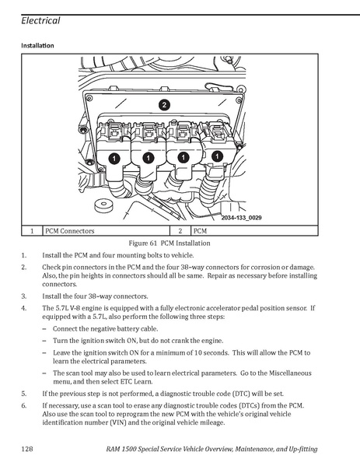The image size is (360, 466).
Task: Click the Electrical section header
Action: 40,20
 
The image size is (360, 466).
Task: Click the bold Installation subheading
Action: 37,45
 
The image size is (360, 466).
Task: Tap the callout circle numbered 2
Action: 164,105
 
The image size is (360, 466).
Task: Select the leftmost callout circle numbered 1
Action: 114,158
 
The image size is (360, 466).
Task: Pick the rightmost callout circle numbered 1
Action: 218,156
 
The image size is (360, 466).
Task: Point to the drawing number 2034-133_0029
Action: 242,218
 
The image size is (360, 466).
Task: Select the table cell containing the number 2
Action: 180,231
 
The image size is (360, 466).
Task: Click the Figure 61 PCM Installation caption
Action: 170,243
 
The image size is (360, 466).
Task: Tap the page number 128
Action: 27,448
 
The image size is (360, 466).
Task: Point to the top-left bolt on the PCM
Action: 89,98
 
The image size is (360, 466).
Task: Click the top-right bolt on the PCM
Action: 239,100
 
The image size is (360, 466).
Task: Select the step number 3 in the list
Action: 24,296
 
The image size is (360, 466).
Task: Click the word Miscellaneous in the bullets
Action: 290,373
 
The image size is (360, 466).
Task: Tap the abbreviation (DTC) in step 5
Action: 241,394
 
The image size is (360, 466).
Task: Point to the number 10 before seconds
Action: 198,352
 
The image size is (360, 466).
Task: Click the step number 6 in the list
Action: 24,405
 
